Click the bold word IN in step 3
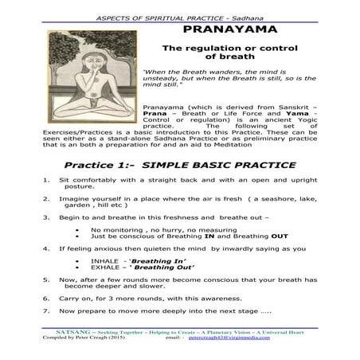(206, 237)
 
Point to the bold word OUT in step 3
(280, 237)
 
